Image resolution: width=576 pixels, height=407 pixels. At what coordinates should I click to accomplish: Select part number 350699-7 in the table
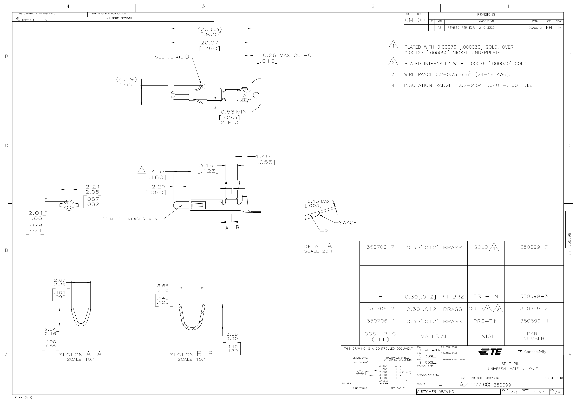pos(534,247)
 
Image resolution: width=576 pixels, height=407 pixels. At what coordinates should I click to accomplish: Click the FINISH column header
pos(486,336)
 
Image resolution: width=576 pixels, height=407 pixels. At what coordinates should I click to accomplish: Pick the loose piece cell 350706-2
pos(380,309)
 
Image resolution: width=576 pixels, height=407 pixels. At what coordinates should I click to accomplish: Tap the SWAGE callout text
pos(348,223)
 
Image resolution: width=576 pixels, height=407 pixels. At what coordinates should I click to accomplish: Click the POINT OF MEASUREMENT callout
pos(131,219)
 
